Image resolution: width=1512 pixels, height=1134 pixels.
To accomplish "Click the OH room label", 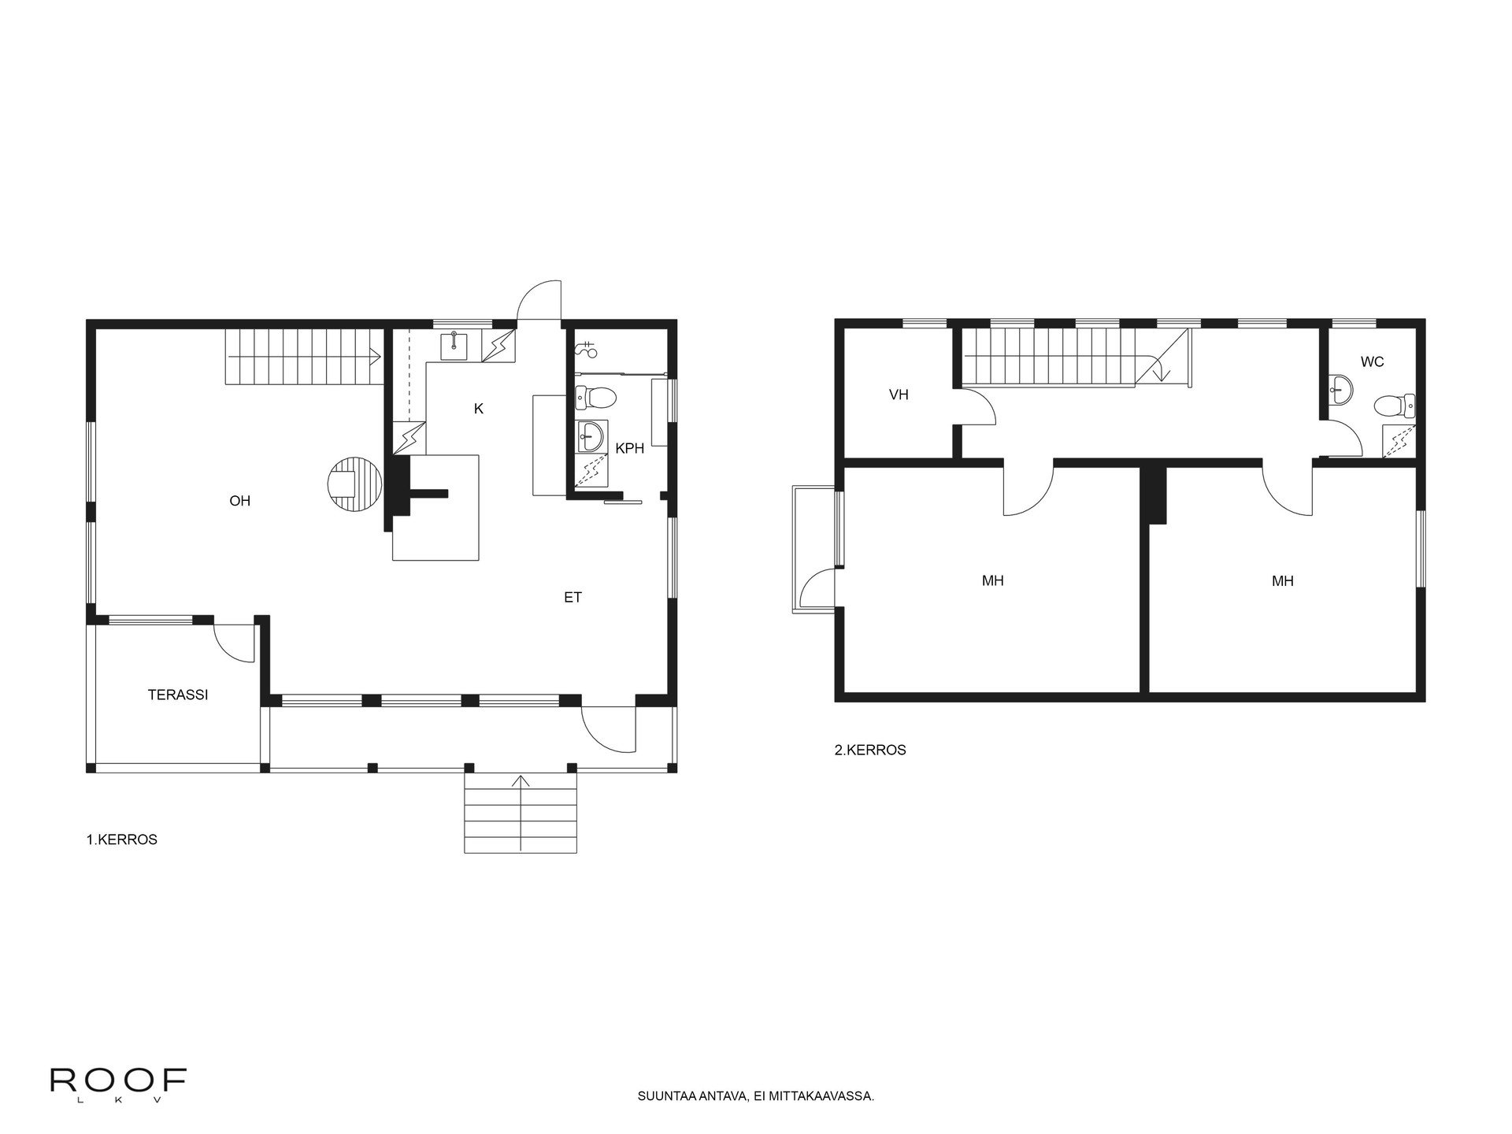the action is [239, 501].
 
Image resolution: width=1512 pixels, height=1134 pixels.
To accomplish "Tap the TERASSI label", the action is [178, 695].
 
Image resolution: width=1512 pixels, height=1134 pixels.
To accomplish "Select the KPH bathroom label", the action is [630, 448].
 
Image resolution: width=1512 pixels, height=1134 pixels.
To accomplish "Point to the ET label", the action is [573, 598].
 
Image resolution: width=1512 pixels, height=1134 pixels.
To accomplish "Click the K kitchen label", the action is [479, 409].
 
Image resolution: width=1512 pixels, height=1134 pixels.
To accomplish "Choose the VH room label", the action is [899, 395].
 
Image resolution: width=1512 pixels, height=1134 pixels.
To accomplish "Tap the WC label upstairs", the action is [1372, 362].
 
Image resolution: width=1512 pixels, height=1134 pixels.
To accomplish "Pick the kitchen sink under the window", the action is [455, 345].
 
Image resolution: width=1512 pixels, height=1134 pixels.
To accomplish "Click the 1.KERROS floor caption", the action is [122, 839].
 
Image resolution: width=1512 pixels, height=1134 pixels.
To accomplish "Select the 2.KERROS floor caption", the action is [870, 750].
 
